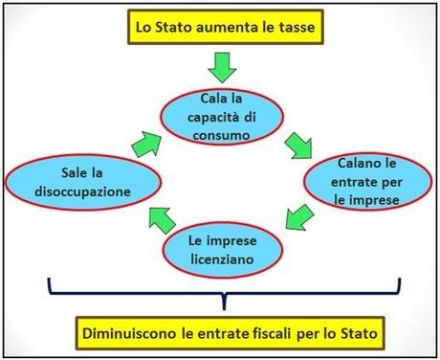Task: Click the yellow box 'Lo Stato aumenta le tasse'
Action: [225, 26]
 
